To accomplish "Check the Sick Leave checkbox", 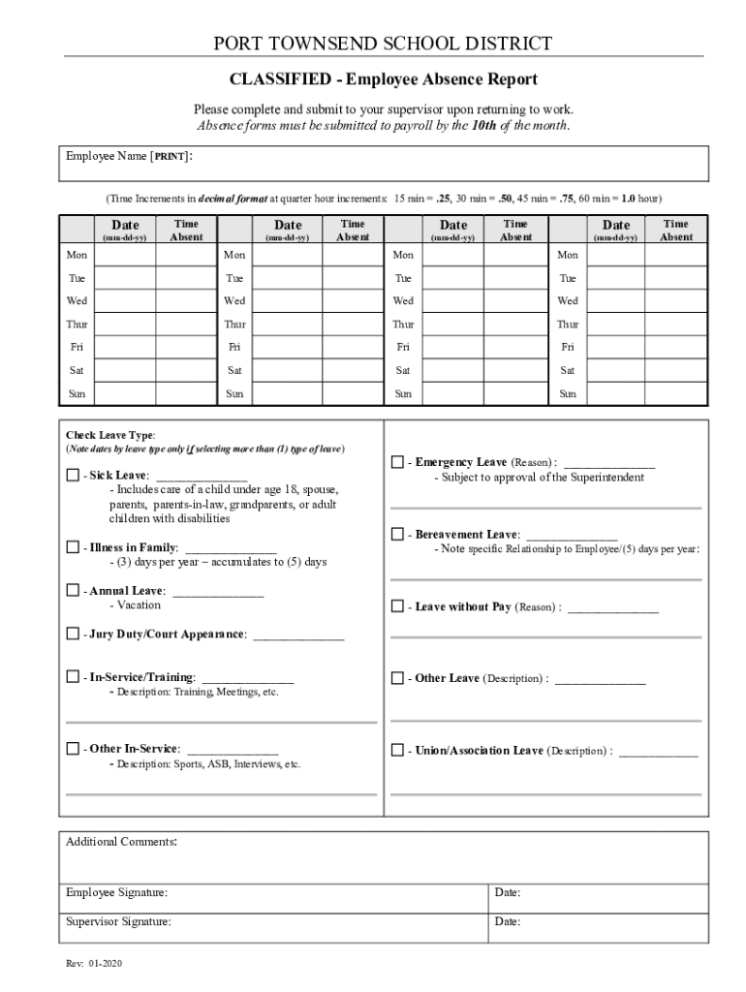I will pos(73,476).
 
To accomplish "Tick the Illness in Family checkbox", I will pos(73,548).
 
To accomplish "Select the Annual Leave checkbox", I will pos(73,591).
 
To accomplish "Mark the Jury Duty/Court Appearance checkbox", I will pos(73,634).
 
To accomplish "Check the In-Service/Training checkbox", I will pos(73,677).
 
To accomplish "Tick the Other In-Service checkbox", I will pos(73,749).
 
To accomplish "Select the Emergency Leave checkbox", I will pos(397,463).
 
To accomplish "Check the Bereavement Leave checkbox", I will pos(397,535).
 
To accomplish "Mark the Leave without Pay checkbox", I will pos(397,606).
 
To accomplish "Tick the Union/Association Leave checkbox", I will pos(397,751).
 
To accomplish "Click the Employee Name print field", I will pos(388,164).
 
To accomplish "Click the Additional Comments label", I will pos(120,842).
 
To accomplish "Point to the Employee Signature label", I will pos(115,892).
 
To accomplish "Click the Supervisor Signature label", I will pos(118,922).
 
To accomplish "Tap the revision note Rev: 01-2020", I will pos(94,964).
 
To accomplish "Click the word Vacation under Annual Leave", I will pos(139,605).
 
